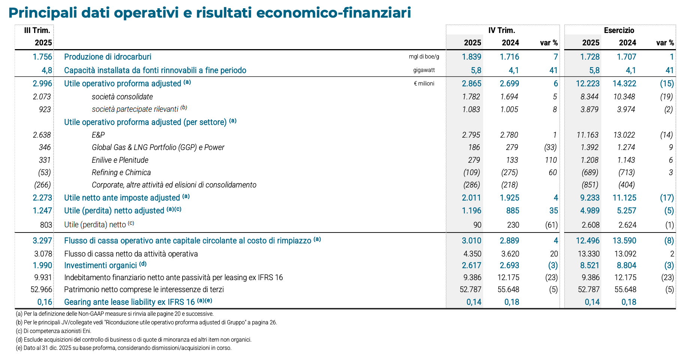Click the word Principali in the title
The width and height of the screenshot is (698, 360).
[x=41, y=13]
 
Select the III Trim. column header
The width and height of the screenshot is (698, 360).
[x=37, y=30]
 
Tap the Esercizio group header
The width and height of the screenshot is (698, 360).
[x=619, y=30]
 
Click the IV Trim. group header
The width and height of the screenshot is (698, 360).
[x=502, y=30]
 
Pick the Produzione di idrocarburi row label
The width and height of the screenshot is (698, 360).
[x=108, y=57]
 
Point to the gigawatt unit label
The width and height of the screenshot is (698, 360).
[x=424, y=70]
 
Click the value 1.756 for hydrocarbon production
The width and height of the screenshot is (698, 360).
[x=42, y=57]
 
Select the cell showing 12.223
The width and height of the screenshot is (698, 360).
[x=587, y=84]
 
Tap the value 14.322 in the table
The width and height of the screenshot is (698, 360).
[x=624, y=84]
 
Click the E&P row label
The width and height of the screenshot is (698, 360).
[x=98, y=135]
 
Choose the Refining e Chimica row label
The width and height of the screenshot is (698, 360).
[x=121, y=172]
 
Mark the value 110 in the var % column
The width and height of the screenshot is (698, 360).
[x=551, y=160]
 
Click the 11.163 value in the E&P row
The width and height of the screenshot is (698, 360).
[x=587, y=135]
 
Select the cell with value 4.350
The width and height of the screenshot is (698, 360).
[x=472, y=254]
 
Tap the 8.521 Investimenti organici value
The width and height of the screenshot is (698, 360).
[x=590, y=265]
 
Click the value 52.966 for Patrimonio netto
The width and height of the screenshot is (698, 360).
[x=41, y=289]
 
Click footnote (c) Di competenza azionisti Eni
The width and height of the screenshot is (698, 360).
[x=54, y=331]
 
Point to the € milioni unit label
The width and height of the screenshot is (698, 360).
[x=424, y=84]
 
